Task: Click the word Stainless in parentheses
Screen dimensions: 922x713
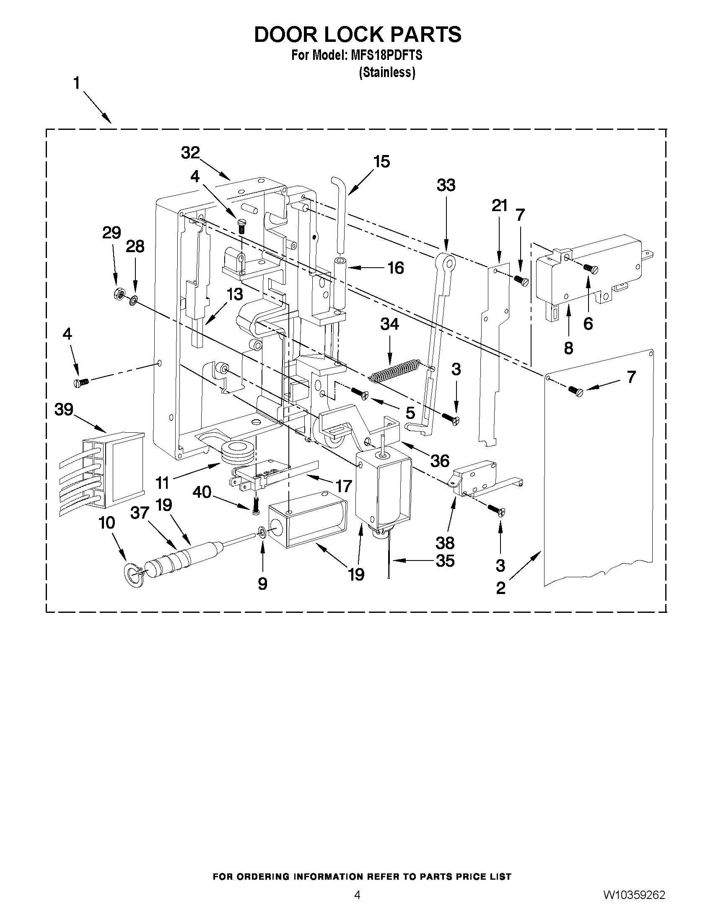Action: pos(387,72)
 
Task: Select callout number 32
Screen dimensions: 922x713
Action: pos(190,152)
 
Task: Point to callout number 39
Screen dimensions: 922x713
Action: pos(64,409)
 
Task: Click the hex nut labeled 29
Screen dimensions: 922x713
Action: pos(118,294)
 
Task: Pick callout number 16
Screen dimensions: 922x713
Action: pos(395,268)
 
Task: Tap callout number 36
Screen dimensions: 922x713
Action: pos(439,461)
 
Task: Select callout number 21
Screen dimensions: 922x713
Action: pos(500,206)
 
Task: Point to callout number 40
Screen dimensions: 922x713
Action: pos(202,491)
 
